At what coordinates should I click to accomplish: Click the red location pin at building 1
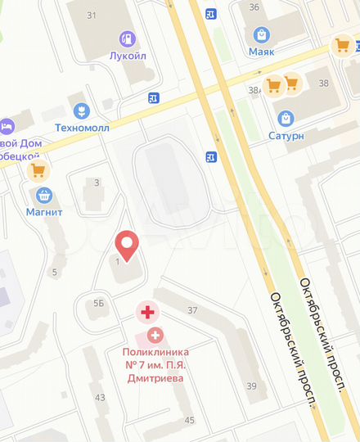tap(126, 244)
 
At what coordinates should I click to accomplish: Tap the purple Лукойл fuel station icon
tap(127, 38)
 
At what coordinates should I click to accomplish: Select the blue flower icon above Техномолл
tap(81, 110)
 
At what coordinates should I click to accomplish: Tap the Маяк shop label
tap(262, 51)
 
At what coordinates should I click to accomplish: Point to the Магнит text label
tap(44, 212)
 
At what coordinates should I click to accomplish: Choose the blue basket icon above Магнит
tap(44, 195)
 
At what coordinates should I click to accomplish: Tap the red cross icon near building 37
tap(147, 311)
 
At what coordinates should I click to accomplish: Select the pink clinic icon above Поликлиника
tap(155, 335)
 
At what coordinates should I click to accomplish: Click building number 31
tap(92, 16)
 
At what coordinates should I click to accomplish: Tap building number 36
tap(254, 7)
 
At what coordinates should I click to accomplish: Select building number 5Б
tap(99, 303)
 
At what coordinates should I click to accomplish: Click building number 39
tap(251, 386)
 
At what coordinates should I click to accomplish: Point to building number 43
tap(100, 397)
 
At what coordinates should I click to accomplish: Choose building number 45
tap(190, 420)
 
